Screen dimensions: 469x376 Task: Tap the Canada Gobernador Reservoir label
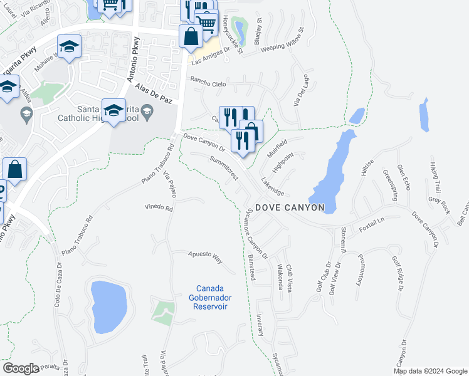pyautogui.click(x=209, y=298)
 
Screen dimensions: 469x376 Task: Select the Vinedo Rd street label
pyautogui.click(x=158, y=207)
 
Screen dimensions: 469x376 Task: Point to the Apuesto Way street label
pyautogui.click(x=206, y=256)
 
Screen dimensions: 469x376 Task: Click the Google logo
pyautogui.click(x=21, y=368)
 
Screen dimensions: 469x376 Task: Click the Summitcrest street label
pyautogui.click(x=224, y=168)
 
